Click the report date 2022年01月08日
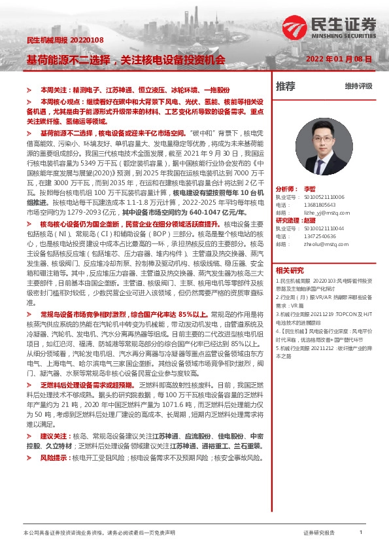(x=339, y=59)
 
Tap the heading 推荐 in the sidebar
(x=285, y=86)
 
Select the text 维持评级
(x=359, y=86)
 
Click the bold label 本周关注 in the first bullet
(x=55, y=88)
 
